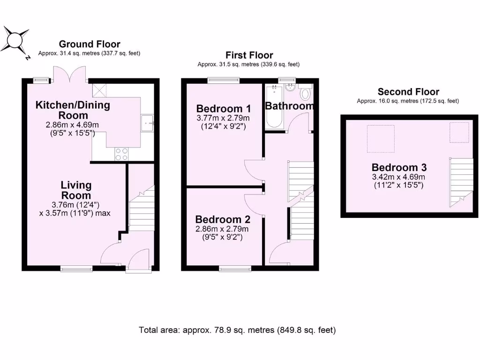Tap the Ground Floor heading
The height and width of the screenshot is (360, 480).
90,44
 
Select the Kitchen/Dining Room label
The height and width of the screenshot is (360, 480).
73,110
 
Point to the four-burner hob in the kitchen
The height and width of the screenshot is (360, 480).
121,154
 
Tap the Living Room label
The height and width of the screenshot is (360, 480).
76,190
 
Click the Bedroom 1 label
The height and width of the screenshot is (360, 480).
223,107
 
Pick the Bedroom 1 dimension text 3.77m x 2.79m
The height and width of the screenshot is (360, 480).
223,118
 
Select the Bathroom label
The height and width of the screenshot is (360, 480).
289,106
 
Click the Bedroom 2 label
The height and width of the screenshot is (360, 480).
223,219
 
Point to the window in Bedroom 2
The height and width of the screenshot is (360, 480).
235,269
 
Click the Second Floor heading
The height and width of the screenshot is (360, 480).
408,92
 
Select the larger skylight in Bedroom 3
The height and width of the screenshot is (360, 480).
381,139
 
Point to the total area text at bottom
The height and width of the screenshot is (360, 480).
237,330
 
